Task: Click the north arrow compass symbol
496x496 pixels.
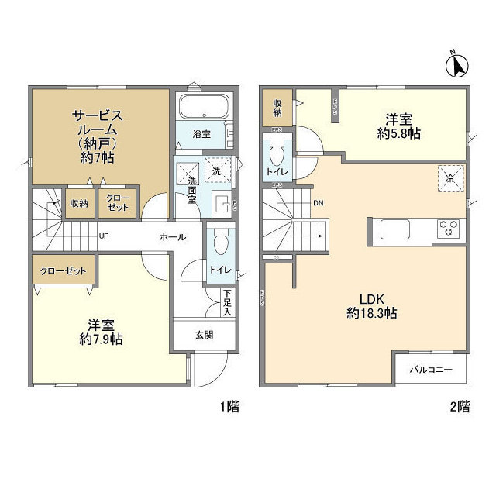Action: click(457, 65)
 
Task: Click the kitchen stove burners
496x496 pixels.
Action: click(449, 229)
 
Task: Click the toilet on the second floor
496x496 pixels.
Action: click(277, 147)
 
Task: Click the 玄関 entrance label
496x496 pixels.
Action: click(204, 335)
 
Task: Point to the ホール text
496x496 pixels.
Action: click(172, 237)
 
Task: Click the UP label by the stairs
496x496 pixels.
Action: click(103, 237)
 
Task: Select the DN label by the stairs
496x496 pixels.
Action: click(319, 205)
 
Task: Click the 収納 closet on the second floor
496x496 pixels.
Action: click(277, 108)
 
